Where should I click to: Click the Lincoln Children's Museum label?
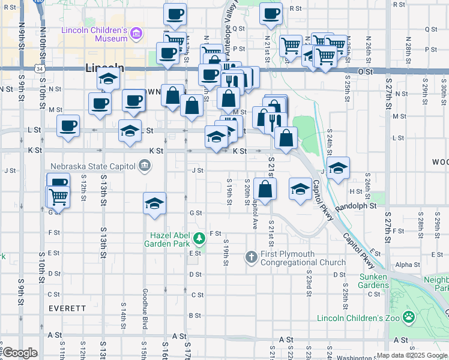pyautogui.click(x=94, y=34)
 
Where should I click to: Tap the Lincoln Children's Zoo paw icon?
pyautogui.click(x=409, y=316)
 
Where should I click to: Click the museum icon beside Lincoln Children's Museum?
pyautogui.click(x=137, y=34)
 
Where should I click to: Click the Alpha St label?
pyautogui.click(x=408, y=265)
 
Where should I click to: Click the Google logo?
pyautogui.click(x=20, y=353)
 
